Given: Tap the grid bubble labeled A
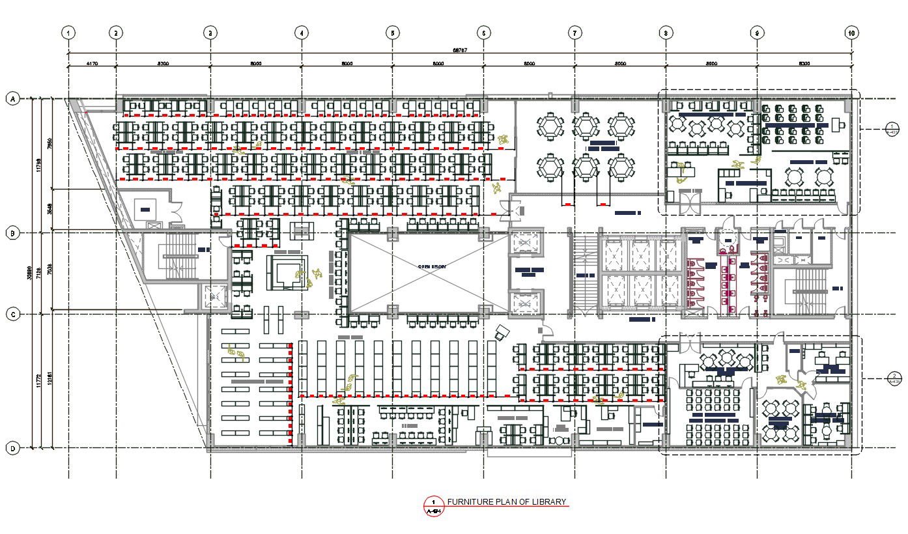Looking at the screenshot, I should [x=12, y=99].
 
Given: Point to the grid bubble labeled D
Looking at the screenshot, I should [x=12, y=448].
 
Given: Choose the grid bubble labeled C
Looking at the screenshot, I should [x=12, y=315].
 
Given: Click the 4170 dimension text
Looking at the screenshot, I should [x=92, y=64].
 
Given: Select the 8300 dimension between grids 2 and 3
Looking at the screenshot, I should [x=163, y=64].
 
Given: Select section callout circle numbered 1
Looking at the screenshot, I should [x=892, y=130].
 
